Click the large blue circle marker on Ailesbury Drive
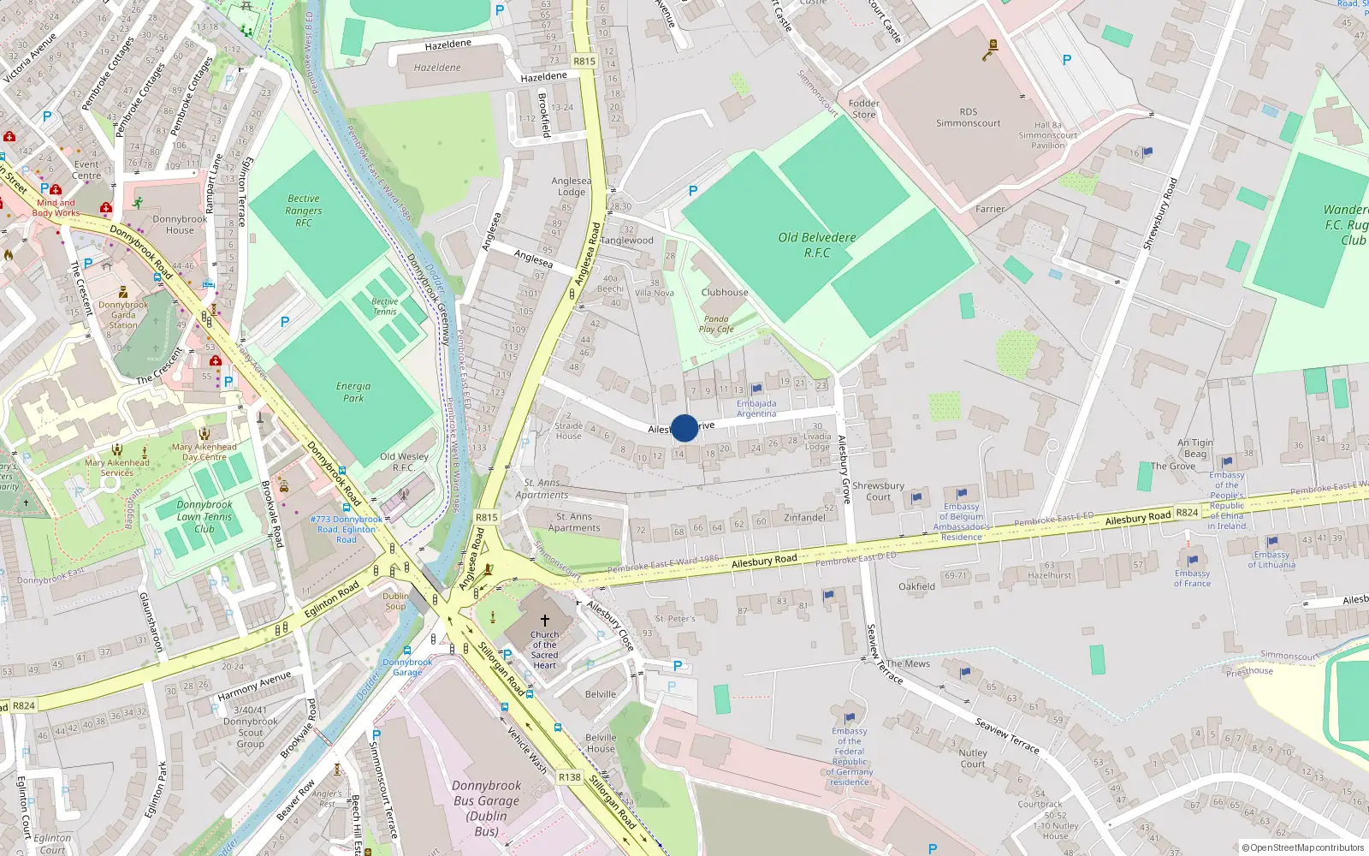(x=684, y=428)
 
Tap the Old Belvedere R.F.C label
(x=816, y=245)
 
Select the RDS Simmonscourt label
(x=968, y=117)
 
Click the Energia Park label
(x=353, y=392)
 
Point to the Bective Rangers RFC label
(x=304, y=211)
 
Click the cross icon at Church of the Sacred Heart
(x=544, y=620)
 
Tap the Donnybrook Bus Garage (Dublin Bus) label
(x=486, y=808)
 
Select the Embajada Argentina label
(x=756, y=408)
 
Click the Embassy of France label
(x=1192, y=578)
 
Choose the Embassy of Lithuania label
(x=1271, y=559)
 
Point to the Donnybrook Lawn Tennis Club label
(x=204, y=516)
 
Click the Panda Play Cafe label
(x=716, y=324)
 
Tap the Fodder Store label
(x=863, y=109)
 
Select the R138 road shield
(x=569, y=777)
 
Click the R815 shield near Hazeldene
(x=584, y=62)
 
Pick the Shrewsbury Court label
(x=878, y=490)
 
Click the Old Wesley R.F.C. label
(x=404, y=462)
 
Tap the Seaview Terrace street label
(x=1007, y=736)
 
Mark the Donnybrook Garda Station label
(x=123, y=315)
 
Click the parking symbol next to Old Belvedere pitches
(x=693, y=191)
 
